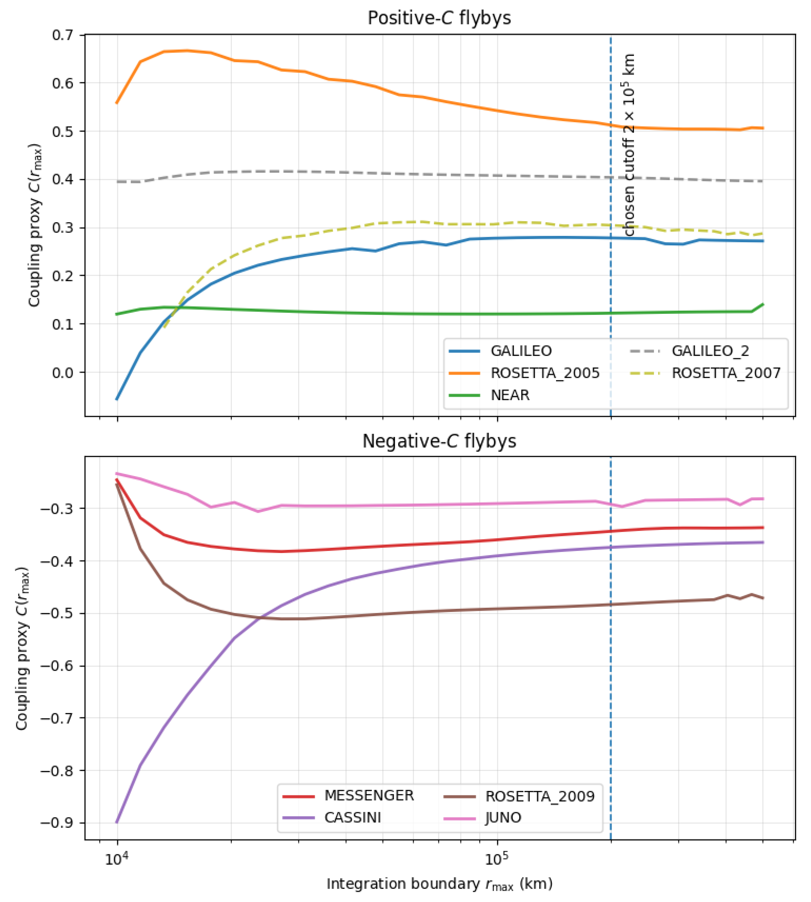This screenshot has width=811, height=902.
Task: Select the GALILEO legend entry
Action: coord(520,351)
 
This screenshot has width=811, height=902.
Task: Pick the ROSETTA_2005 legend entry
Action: coord(544,373)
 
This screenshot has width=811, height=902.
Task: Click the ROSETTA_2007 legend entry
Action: coord(726,373)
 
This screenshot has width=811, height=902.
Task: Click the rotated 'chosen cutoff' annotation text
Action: coord(628,145)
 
